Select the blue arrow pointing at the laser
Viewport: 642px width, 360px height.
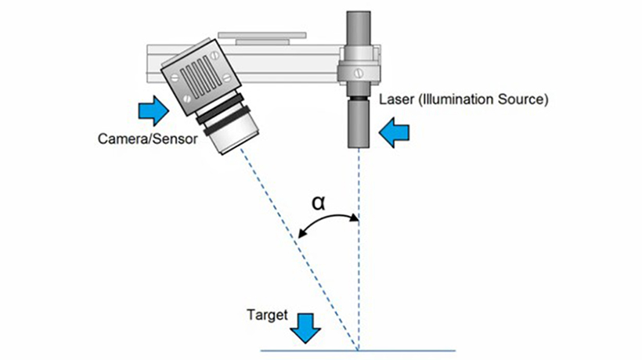(x=395, y=135)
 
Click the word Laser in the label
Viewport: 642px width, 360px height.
(x=394, y=100)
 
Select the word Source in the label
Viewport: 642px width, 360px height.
(x=522, y=100)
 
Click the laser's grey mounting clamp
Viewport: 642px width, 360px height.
(x=359, y=69)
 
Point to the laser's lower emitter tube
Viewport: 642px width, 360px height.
(x=359, y=125)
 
